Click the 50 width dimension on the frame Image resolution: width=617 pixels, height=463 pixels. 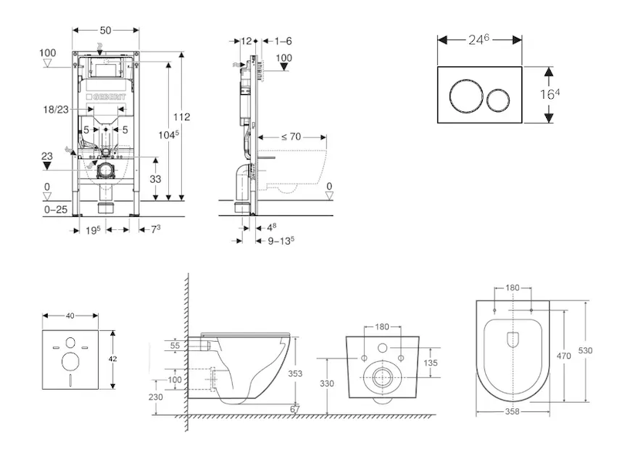coord(106,29)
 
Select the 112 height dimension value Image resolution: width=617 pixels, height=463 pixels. coord(181,117)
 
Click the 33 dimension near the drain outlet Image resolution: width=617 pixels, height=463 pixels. coord(157,177)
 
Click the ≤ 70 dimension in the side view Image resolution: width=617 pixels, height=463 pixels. coord(291,137)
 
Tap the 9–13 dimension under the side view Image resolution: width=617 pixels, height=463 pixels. coord(281,240)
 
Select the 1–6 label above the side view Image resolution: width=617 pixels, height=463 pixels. coord(282,40)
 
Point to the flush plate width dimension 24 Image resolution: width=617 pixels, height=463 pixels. coord(483,39)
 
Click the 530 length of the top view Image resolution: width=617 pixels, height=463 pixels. coord(586,350)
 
